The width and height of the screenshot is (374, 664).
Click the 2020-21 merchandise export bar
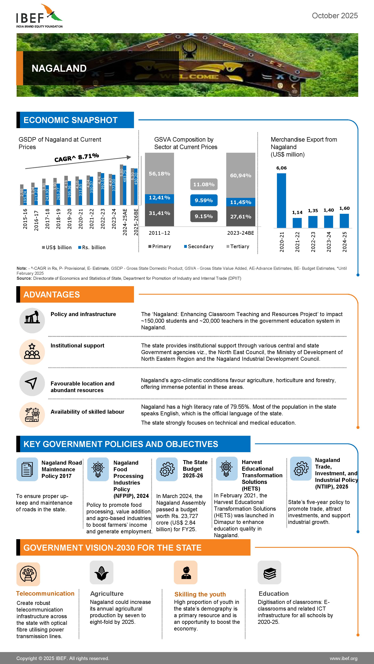281,200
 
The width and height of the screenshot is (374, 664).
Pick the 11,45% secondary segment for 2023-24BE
241,202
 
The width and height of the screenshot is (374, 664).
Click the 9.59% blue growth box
204,200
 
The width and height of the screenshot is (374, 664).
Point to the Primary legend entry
160,246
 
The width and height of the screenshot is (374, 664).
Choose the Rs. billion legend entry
92,248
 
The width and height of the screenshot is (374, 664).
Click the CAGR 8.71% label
77,158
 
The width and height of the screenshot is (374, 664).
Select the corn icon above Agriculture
101,573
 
